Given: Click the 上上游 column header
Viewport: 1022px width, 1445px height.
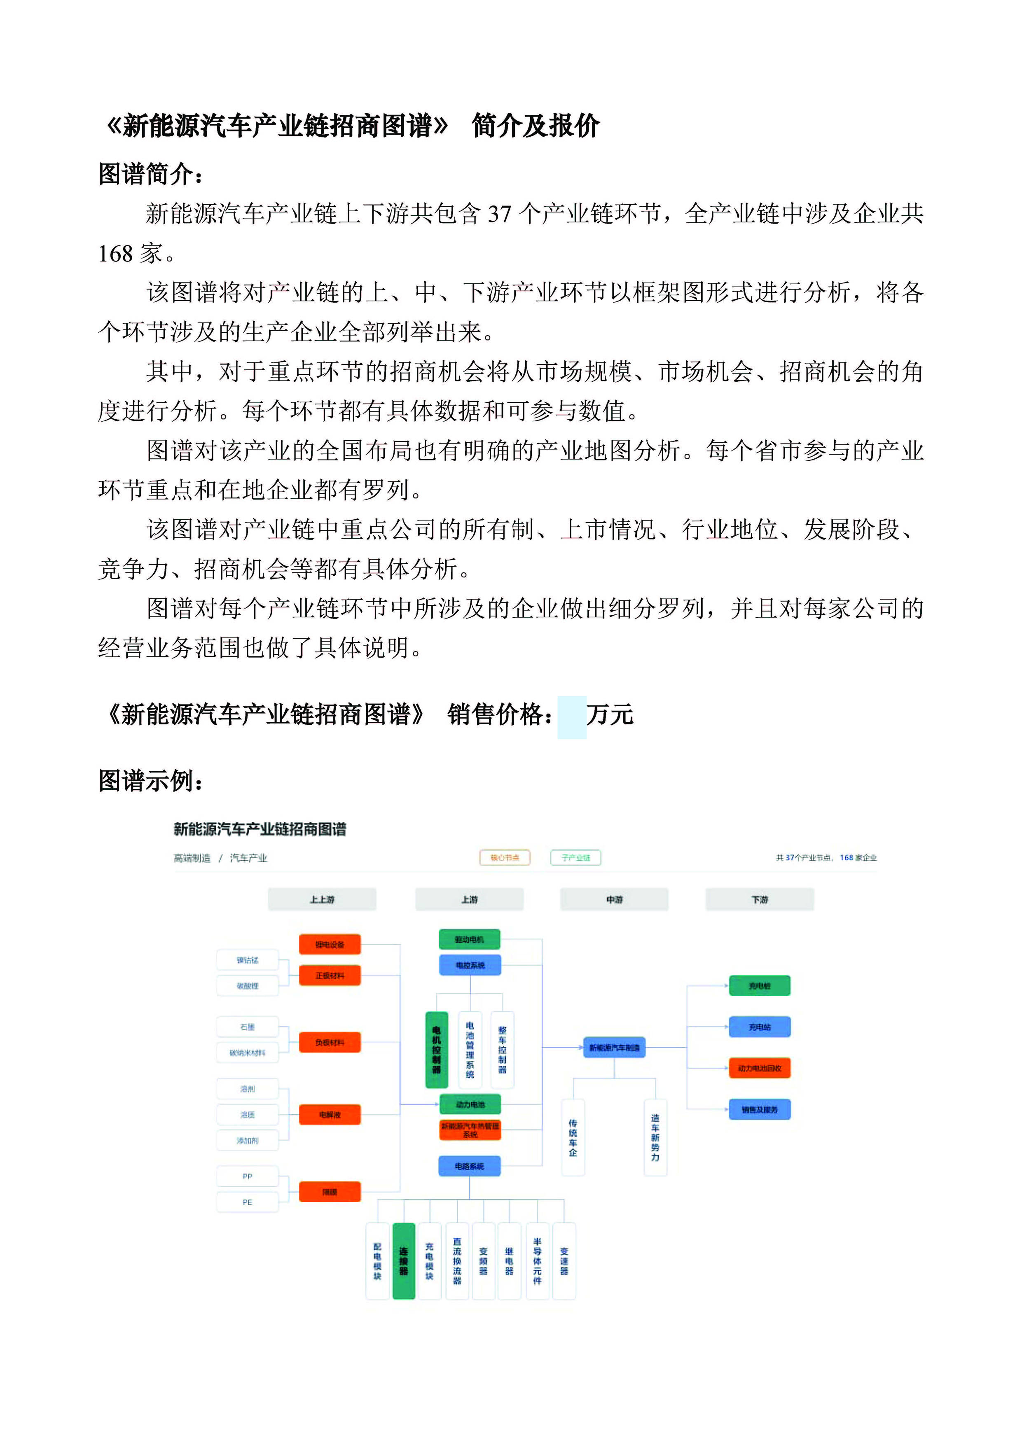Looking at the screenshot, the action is point(322,899).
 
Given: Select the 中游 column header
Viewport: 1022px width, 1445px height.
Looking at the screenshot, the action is point(614,899).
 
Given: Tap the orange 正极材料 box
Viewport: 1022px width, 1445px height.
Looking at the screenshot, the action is point(329,976).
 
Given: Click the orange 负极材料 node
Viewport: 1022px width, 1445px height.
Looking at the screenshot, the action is point(329,1042).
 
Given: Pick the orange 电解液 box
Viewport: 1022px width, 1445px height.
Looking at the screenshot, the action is point(329,1115).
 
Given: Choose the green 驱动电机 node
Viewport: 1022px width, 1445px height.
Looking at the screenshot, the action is point(470,939).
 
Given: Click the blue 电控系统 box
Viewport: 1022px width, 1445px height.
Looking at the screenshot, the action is point(470,965).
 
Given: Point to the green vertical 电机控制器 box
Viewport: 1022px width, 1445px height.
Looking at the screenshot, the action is point(436,1050).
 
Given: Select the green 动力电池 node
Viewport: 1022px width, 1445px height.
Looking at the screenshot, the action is point(470,1104).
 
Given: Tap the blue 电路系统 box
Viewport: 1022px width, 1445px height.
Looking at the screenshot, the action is point(470,1166).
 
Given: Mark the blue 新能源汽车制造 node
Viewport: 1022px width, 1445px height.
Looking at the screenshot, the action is point(614,1047).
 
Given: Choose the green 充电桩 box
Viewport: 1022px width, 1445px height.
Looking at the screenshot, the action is point(760,985).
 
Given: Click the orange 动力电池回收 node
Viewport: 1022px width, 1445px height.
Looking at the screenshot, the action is point(760,1068).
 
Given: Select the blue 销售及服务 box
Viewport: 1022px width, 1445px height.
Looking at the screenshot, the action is point(760,1109).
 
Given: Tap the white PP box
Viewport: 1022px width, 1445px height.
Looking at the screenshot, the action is point(248,1176).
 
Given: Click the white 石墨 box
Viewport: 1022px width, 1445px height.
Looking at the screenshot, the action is point(248,1027).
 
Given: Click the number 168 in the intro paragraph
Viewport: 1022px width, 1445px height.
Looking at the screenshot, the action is point(115,254).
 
